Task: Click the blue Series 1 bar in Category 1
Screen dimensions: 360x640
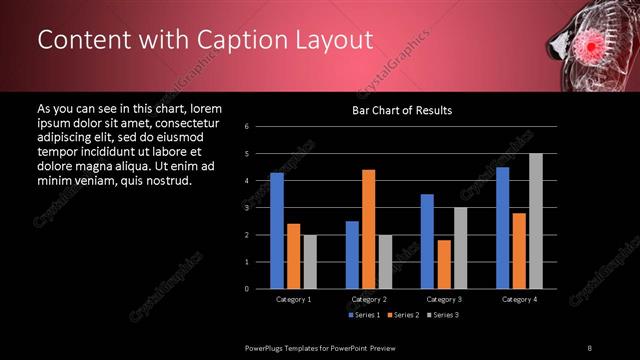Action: pyautogui.click(x=277, y=231)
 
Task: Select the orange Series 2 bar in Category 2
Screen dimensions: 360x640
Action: pyautogui.click(x=368, y=229)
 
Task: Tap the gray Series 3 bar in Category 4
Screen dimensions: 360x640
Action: pyautogui.click(x=535, y=221)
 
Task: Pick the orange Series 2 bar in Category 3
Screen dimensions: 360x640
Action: pyautogui.click(x=443, y=264)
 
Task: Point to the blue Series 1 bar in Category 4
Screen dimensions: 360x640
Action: pyautogui.click(x=502, y=228)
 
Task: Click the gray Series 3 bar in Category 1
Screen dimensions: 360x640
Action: pyautogui.click(x=310, y=262)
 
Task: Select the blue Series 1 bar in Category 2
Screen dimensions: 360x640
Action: pyautogui.click(x=352, y=255)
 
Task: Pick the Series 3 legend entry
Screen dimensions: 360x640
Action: pyautogui.click(x=443, y=315)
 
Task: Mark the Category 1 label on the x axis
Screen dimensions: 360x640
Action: pyautogui.click(x=293, y=299)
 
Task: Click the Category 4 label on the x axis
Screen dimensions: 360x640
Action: pyautogui.click(x=518, y=299)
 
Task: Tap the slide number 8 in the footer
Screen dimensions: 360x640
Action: pyautogui.click(x=590, y=346)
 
